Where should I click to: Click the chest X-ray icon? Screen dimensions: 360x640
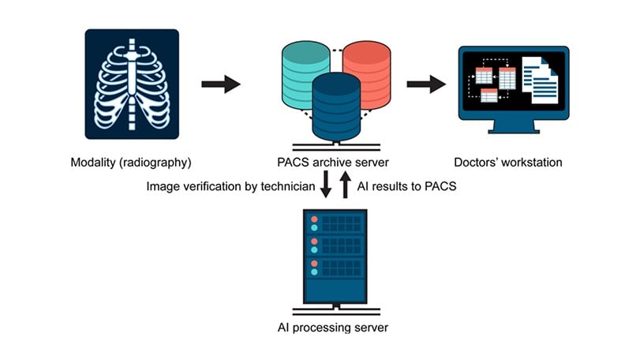[x=132, y=84]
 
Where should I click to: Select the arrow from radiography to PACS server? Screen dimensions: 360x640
[x=220, y=84]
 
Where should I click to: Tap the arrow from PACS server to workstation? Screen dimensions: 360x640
[x=426, y=84]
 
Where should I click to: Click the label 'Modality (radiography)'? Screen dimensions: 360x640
[x=131, y=163]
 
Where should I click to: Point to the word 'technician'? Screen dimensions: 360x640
[x=288, y=187]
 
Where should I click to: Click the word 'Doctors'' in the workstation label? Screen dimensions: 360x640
[x=476, y=163]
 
